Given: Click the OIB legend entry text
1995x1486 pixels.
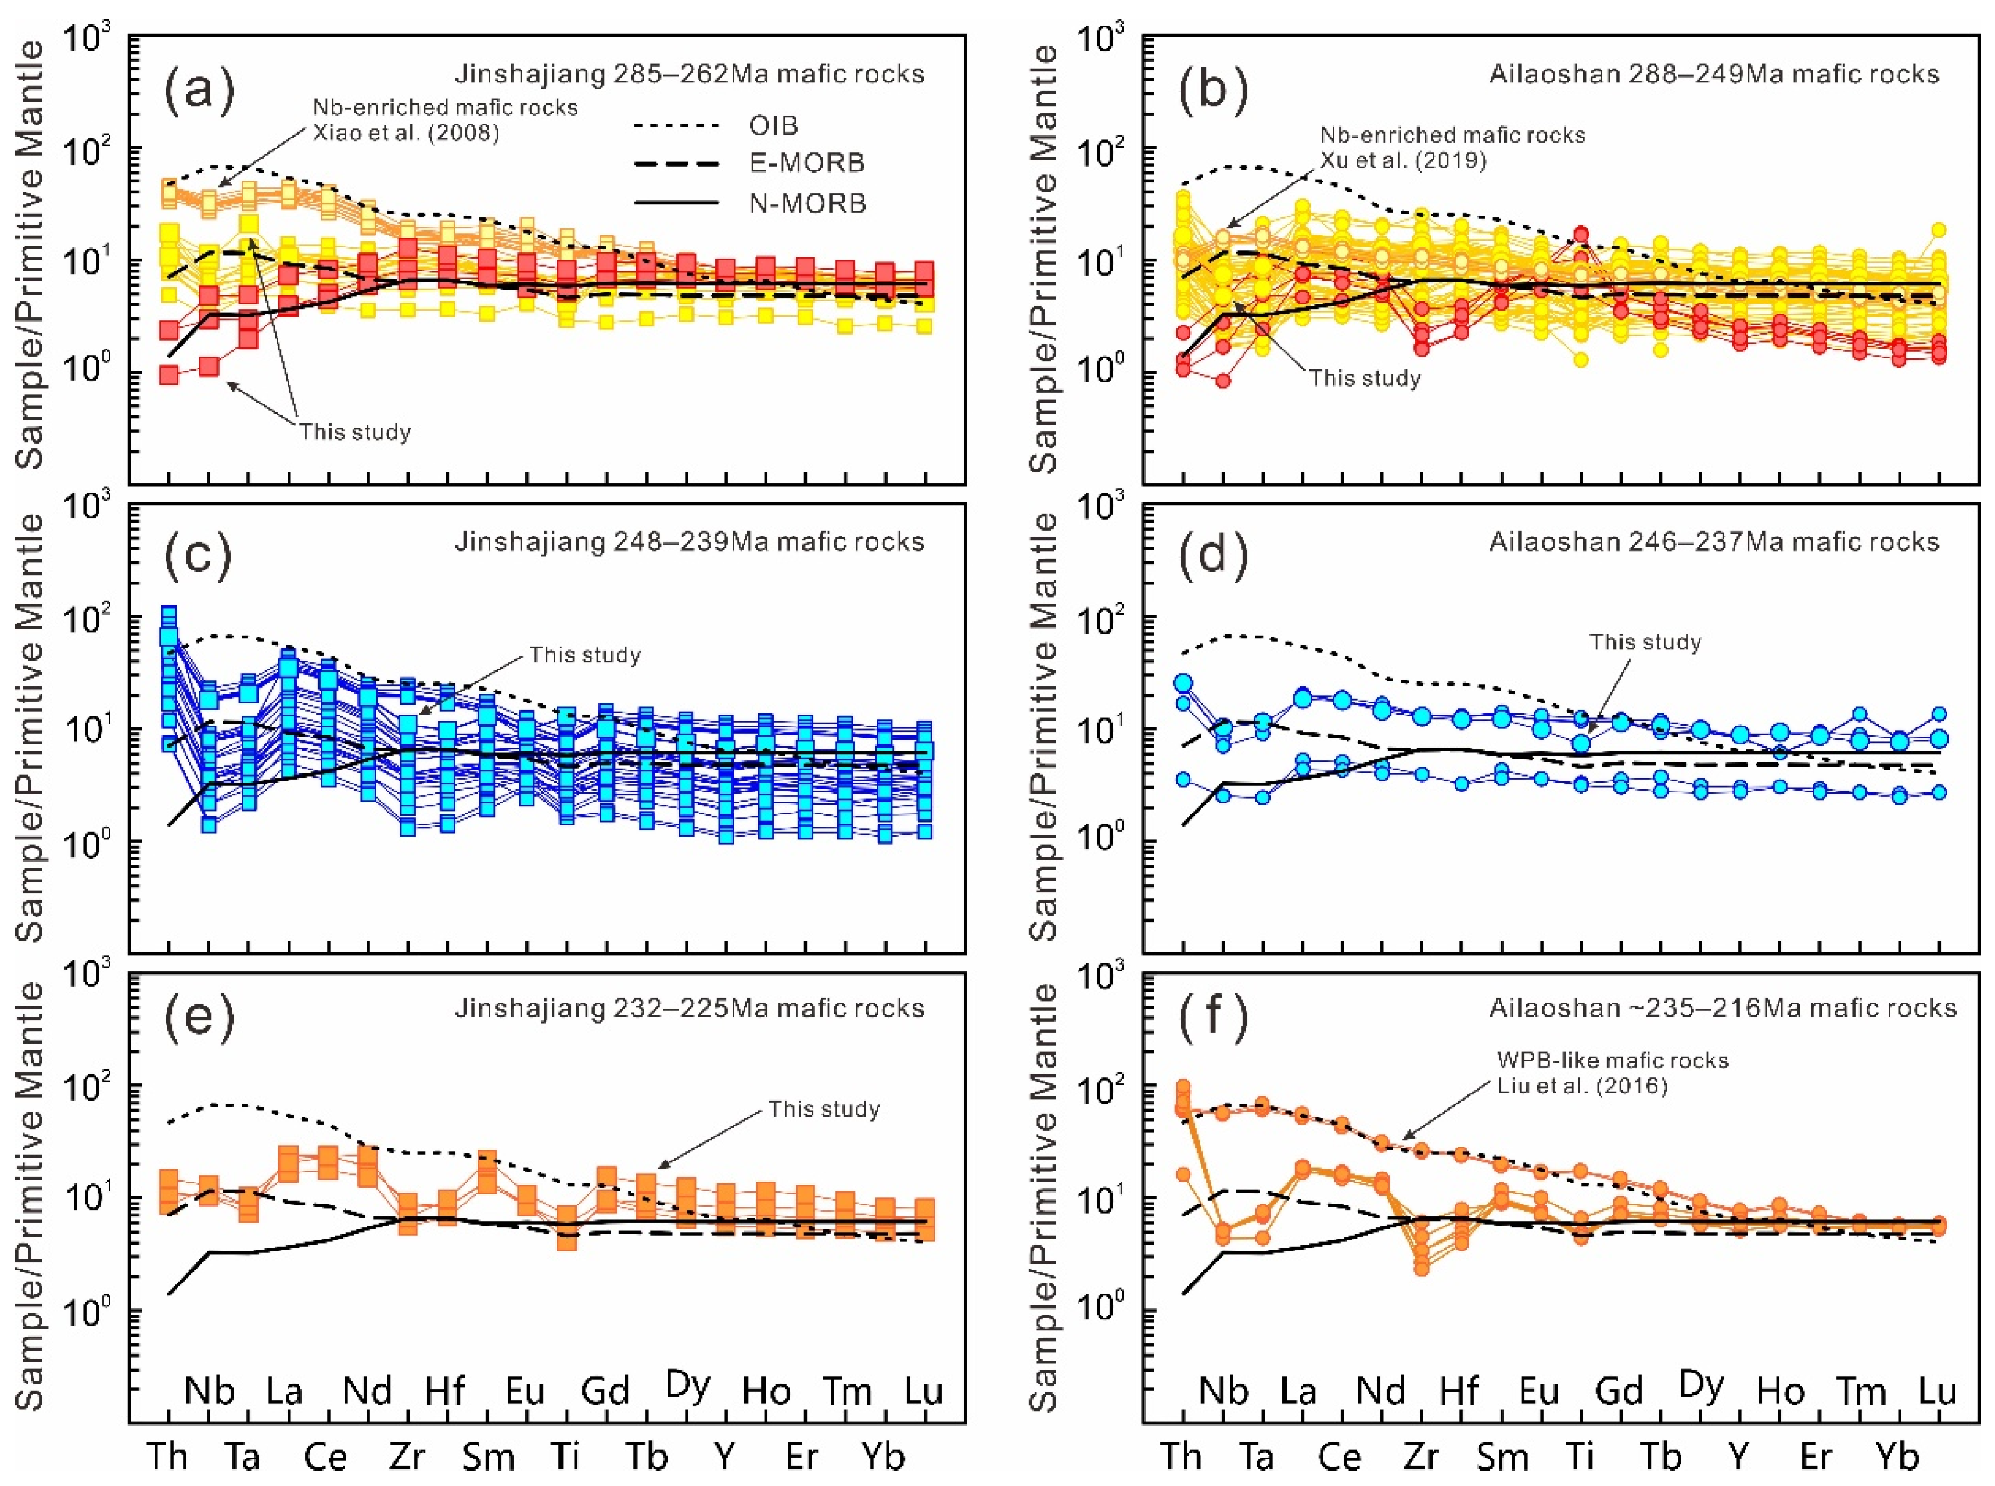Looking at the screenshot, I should point(773,125).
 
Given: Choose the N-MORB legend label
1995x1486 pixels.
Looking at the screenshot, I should point(808,203).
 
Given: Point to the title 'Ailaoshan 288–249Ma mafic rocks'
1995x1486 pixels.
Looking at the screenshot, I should point(1714,74).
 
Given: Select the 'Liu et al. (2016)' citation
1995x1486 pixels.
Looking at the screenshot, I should point(1582,1086).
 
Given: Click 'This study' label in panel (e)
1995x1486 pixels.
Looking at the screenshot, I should point(823,1109).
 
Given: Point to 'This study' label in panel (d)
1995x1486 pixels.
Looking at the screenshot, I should point(1645,643).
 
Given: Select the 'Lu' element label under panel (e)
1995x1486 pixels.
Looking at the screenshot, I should point(923,1391).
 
